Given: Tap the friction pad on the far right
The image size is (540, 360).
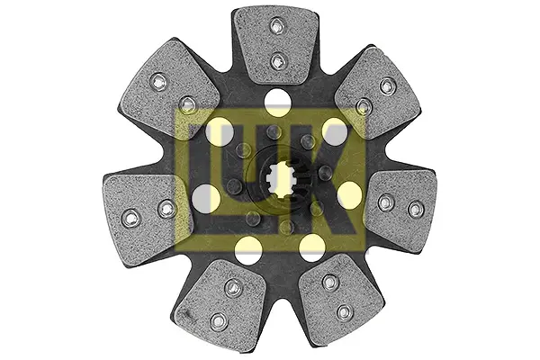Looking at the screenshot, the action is pyautogui.click(x=400, y=207).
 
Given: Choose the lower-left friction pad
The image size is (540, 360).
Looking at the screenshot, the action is pyautogui.click(x=220, y=300).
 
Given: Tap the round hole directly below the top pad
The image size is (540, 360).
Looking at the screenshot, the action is pyautogui.click(x=277, y=102).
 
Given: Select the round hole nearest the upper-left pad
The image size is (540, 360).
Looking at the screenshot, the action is pyautogui.click(x=220, y=131).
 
